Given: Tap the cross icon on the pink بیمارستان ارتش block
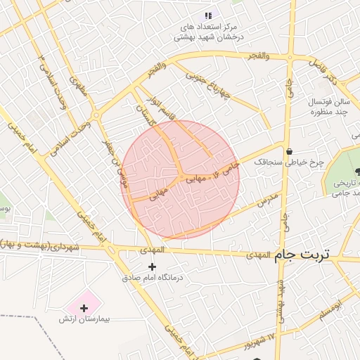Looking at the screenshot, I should pyautogui.click(x=84, y=307).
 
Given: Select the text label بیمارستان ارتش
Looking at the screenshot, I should pyautogui.click(x=84, y=319).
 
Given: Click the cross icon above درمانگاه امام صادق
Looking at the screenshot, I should pyautogui.click(x=152, y=266).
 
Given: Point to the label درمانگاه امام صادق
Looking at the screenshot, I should pyautogui.click(x=153, y=278).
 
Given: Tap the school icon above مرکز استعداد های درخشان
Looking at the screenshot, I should pyautogui.click(x=207, y=15).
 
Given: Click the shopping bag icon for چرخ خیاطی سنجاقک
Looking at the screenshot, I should pyautogui.click(x=289, y=150).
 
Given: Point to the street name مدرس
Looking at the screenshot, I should pyautogui.click(x=268, y=196).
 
